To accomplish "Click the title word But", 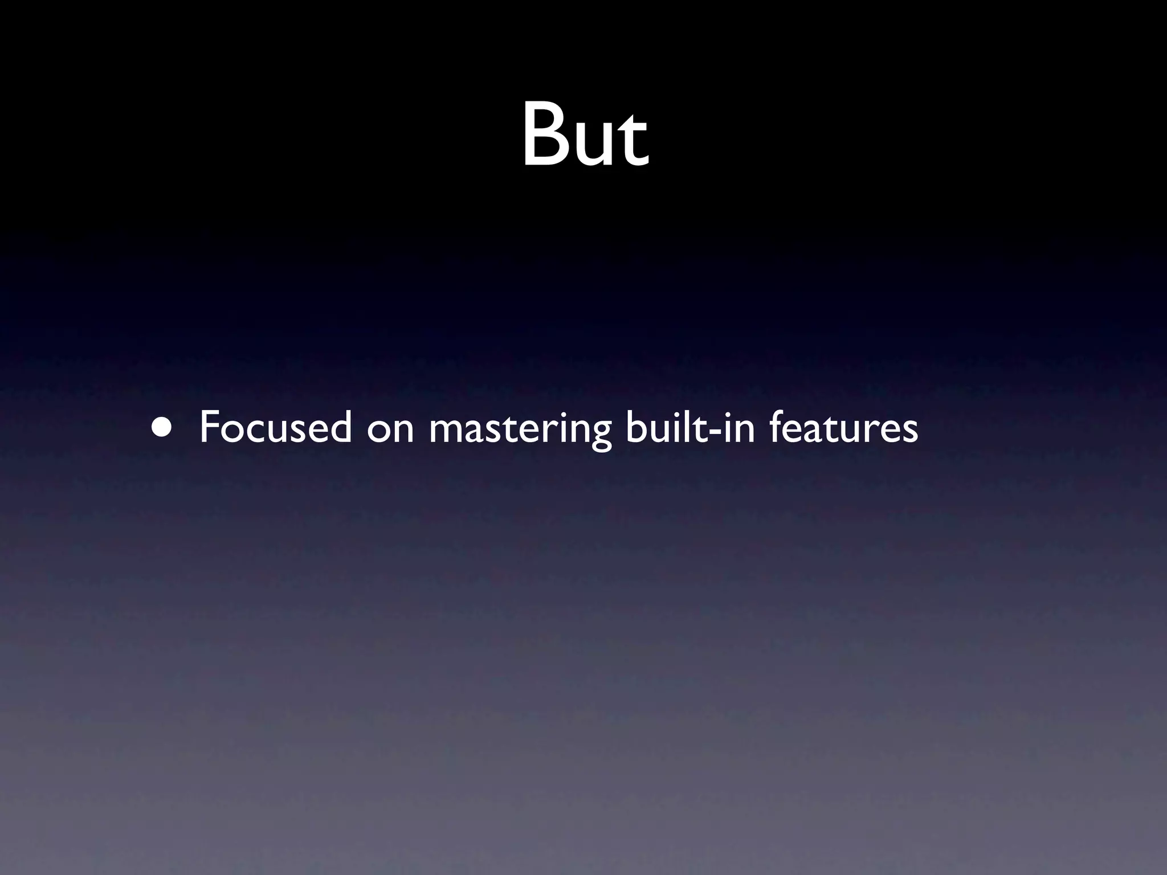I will click(x=585, y=136).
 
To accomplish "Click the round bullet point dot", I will click(x=161, y=428).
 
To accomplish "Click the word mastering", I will click(x=520, y=431).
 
